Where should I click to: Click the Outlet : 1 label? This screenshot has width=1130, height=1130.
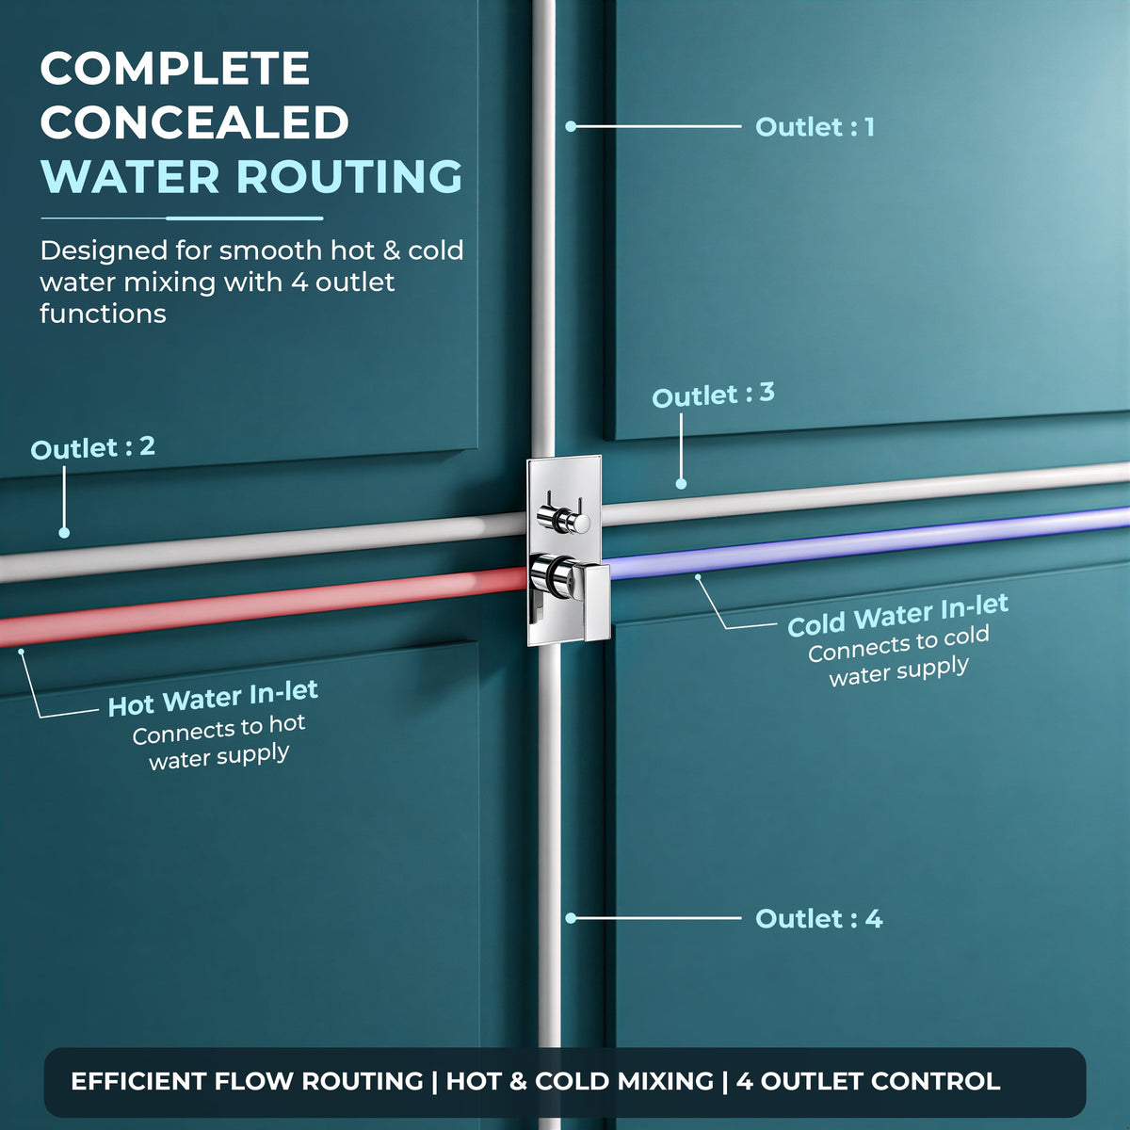(815, 127)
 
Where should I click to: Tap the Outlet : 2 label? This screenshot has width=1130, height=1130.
(92, 447)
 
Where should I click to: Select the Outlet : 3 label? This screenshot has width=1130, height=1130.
(713, 394)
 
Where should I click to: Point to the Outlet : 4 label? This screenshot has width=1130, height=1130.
(818, 918)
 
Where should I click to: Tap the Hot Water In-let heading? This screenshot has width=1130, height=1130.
(213, 698)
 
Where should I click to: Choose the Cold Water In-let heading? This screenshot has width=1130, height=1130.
(897, 615)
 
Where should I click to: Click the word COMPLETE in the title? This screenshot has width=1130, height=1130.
(175, 68)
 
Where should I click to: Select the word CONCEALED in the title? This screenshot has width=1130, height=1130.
(194, 122)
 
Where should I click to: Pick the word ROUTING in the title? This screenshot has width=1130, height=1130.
(349, 175)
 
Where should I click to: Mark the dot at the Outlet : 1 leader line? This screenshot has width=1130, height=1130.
(571, 126)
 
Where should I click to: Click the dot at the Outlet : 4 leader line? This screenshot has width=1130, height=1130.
(571, 918)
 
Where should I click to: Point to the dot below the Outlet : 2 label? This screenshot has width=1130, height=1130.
(64, 532)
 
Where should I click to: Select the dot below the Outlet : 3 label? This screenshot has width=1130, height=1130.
(681, 484)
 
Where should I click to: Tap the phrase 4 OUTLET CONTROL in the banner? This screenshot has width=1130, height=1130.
(868, 1081)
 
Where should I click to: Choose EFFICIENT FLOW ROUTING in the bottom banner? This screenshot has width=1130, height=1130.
(247, 1081)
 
